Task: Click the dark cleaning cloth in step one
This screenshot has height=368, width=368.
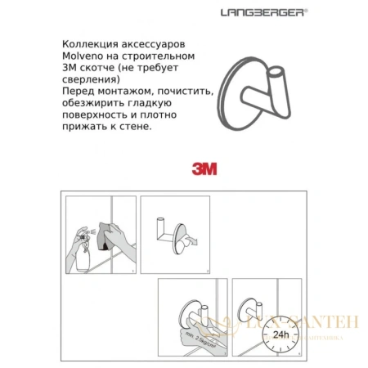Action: pyautogui.click(x=110, y=236)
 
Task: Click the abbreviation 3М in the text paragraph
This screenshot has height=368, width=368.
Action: pyautogui.click(x=70, y=68)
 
